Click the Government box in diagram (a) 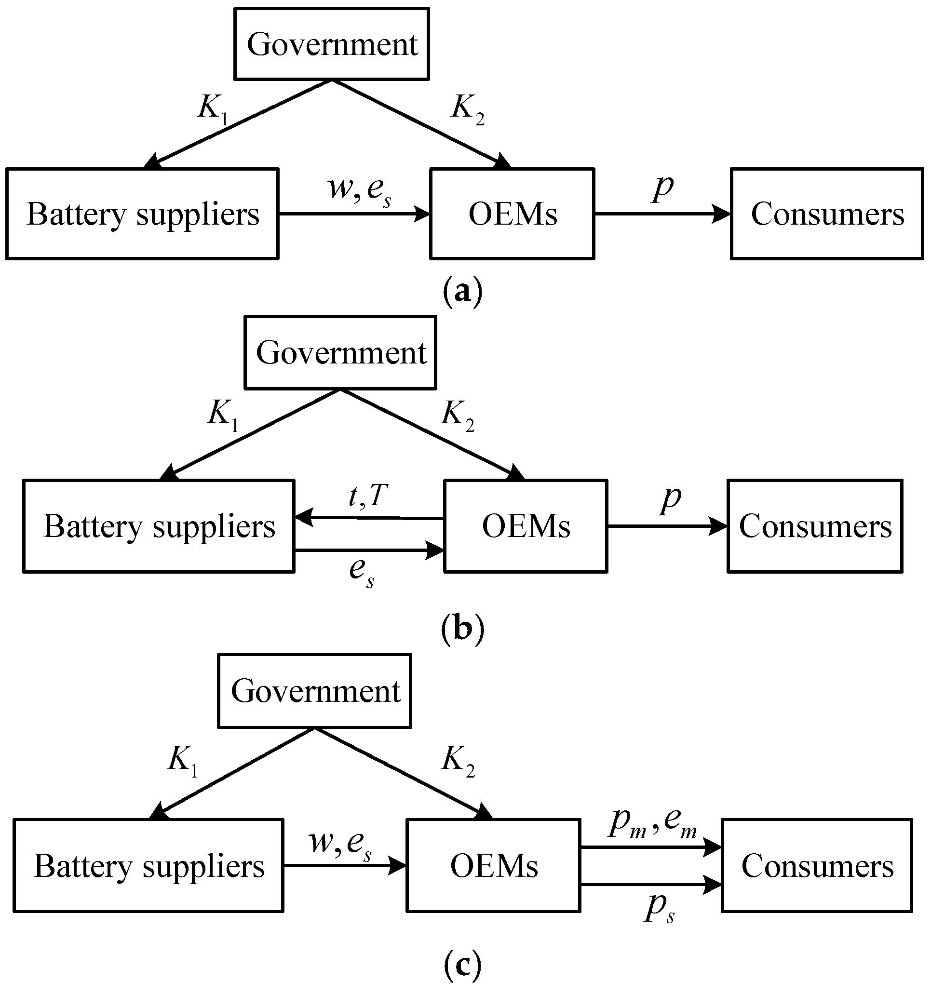332,44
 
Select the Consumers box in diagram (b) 814,526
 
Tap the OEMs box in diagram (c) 494,865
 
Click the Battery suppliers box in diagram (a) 143,214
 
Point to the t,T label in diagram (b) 368,496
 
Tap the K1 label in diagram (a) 213,108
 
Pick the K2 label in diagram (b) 458,416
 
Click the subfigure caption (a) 462,291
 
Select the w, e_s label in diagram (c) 340,843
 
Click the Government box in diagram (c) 314,691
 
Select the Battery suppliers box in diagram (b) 159,526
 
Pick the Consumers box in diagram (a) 826,214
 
